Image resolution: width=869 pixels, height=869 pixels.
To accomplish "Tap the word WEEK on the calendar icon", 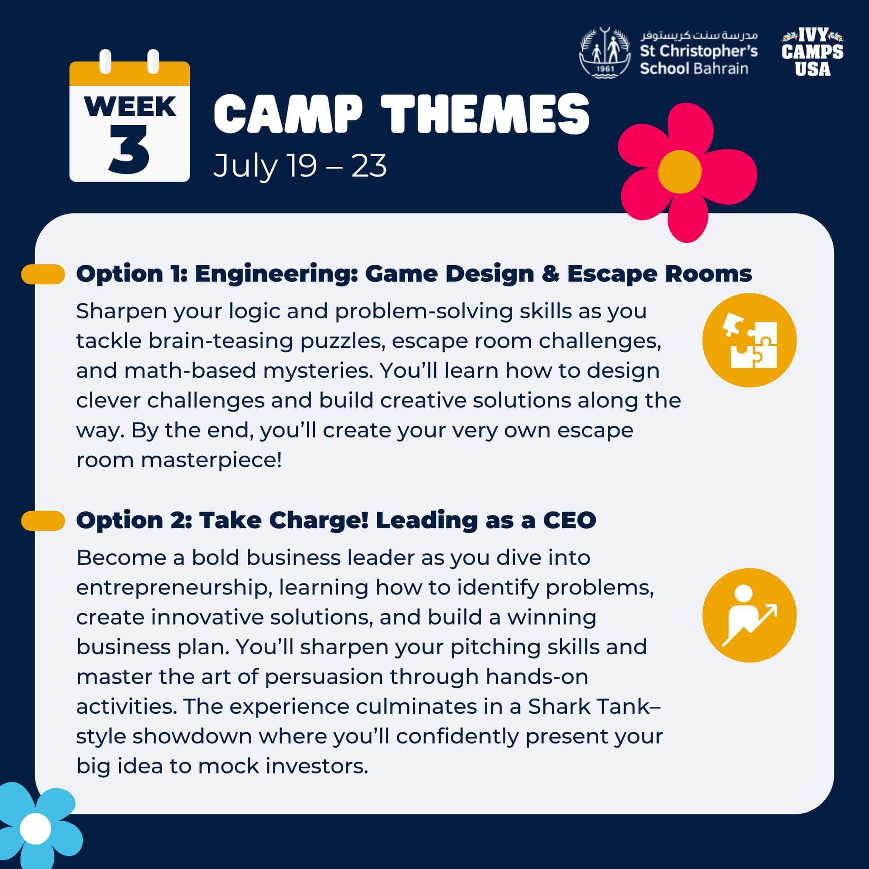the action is coord(129,107).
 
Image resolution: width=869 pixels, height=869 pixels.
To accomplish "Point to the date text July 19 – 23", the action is coord(300,166).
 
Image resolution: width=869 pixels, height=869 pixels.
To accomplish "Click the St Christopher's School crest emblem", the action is coord(605,53).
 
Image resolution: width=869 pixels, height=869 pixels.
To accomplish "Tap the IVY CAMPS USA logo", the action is coord(812,52).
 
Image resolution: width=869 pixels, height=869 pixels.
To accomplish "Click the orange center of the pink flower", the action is coord(680,172).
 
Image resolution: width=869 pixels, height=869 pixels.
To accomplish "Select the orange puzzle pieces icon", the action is coord(749,340).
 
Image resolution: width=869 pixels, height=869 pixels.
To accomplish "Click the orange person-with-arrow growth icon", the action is coord(749,615).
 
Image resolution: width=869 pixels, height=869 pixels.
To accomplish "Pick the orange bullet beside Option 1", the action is coord(43,275).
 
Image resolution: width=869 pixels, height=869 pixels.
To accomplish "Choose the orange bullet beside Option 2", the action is coord(43,521).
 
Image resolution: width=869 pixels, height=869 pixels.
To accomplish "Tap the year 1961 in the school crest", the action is coord(605,68).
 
